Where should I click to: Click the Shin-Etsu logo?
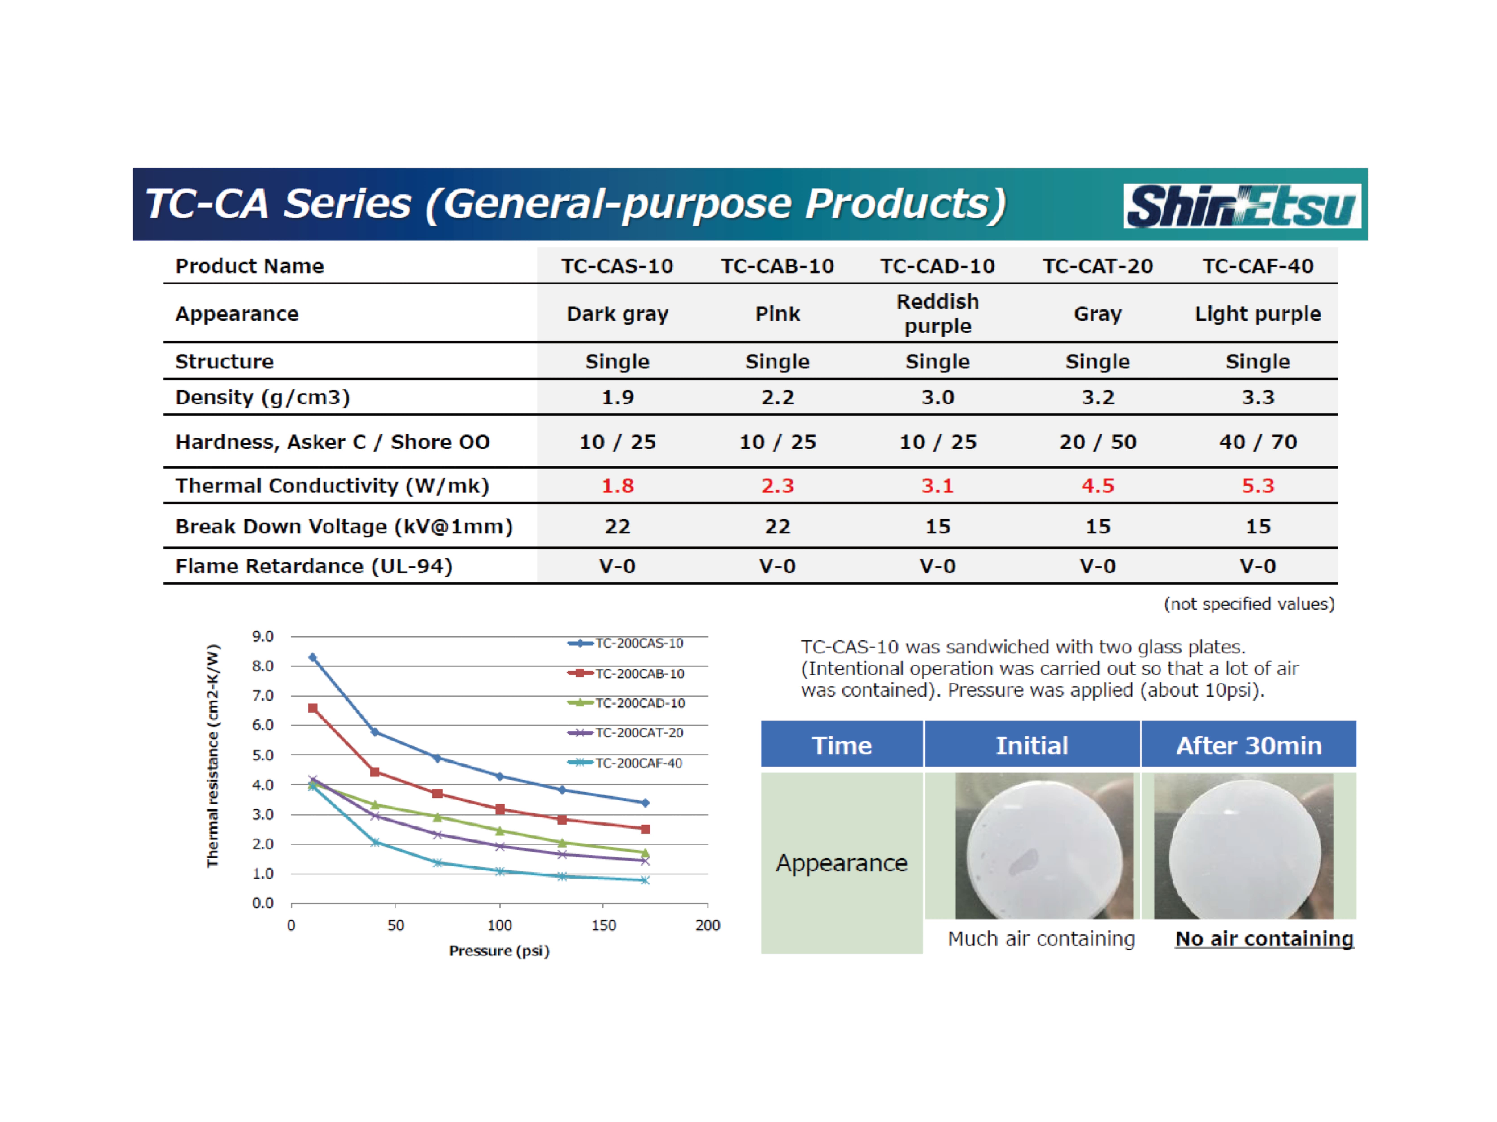(x=1242, y=206)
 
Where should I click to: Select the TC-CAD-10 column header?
(x=937, y=266)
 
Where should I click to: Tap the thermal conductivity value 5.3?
(x=1257, y=486)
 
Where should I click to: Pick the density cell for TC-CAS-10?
(x=617, y=397)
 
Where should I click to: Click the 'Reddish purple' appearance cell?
(x=937, y=314)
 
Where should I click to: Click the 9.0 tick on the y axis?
(x=262, y=636)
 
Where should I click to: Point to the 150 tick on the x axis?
(x=603, y=925)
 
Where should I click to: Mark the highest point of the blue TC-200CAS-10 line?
(x=313, y=657)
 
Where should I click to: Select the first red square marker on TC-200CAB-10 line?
(x=313, y=708)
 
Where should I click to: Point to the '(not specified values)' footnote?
(x=1249, y=604)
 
